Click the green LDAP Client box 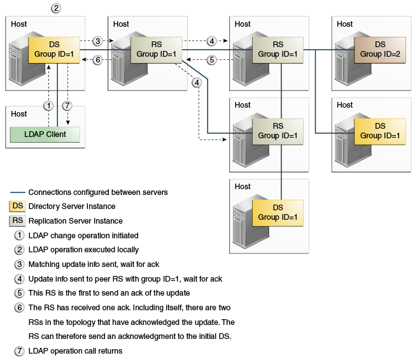[x=46, y=134]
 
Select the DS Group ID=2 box [x=380, y=49]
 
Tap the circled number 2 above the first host [x=57, y=9]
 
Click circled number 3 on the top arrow [x=97, y=41]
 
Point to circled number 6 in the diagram [x=97, y=60]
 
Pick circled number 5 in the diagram [x=213, y=60]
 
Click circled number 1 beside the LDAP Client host [x=47, y=105]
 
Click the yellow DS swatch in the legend [x=17, y=206]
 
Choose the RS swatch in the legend [x=17, y=221]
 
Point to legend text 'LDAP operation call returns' [x=75, y=351]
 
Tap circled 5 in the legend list [x=18, y=294]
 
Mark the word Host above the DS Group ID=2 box [x=345, y=24]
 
